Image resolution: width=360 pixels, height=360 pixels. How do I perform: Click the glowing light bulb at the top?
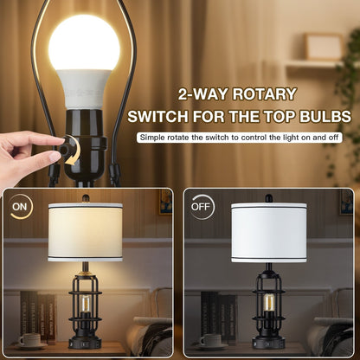[85, 43]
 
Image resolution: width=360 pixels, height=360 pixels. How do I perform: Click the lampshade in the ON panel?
[85, 231]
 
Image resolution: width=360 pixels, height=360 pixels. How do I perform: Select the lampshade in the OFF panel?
[268, 231]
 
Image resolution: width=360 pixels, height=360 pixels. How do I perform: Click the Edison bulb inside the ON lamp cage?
[85, 304]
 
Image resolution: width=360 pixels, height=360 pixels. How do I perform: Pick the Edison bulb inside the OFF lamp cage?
[268, 304]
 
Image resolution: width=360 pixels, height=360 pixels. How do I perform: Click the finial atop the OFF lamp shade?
[268, 199]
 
